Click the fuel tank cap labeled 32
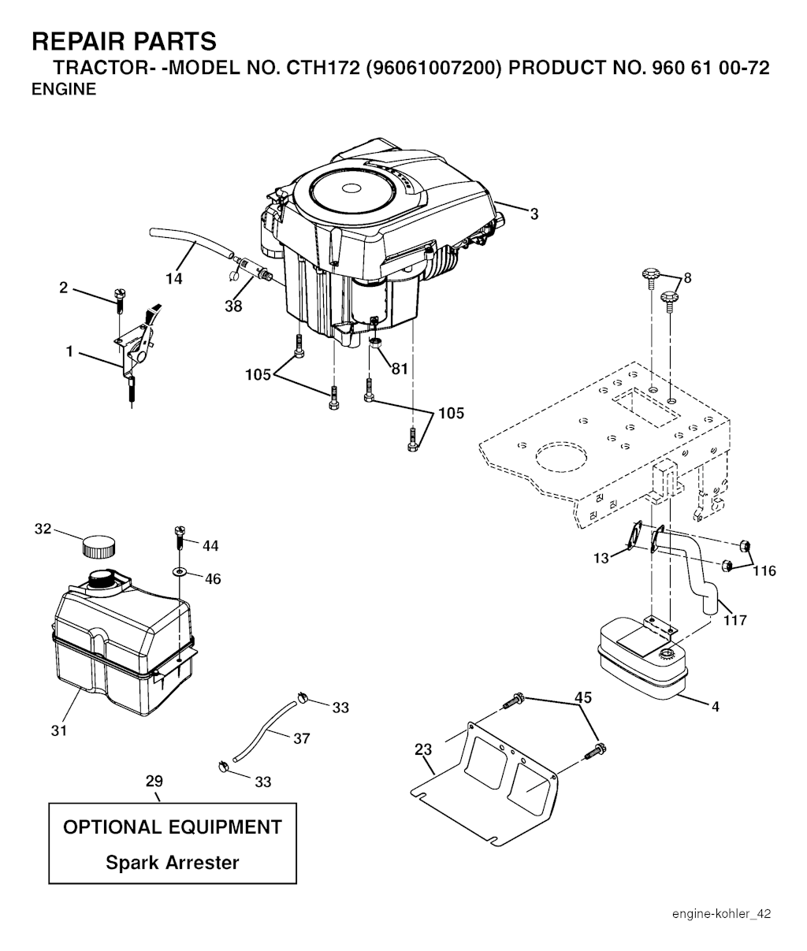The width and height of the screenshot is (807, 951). click(99, 546)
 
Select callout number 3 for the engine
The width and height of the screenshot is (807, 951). click(534, 214)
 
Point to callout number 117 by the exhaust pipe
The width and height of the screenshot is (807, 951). click(735, 621)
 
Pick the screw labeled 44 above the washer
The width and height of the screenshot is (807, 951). click(179, 537)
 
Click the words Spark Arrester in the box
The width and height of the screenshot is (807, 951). click(173, 862)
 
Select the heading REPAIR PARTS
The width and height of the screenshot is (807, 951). click(124, 42)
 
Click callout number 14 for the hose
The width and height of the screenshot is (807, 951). click(174, 278)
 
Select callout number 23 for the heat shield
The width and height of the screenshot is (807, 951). click(423, 749)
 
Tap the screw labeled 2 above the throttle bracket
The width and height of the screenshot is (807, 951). click(119, 300)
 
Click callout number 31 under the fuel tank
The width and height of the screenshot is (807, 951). click(59, 730)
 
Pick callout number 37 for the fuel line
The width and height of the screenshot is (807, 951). click(301, 738)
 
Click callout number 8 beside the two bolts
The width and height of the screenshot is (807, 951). click(687, 278)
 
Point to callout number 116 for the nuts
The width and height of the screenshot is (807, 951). click(764, 571)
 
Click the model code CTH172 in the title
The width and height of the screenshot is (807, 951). click(322, 68)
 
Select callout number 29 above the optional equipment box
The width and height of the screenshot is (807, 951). click(154, 781)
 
